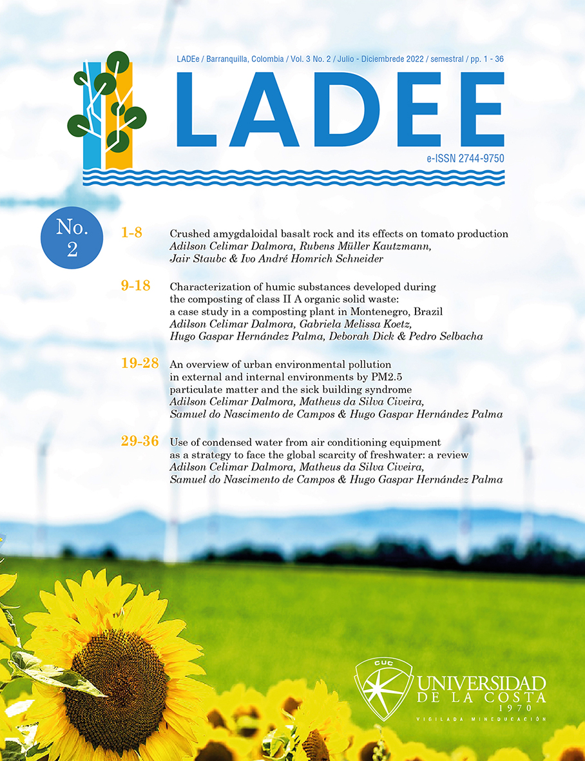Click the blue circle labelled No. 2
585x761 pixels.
coord(71,237)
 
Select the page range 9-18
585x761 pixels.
coord(135,285)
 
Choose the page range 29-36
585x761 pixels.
coord(139,442)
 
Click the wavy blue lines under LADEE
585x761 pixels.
coord(293,178)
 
